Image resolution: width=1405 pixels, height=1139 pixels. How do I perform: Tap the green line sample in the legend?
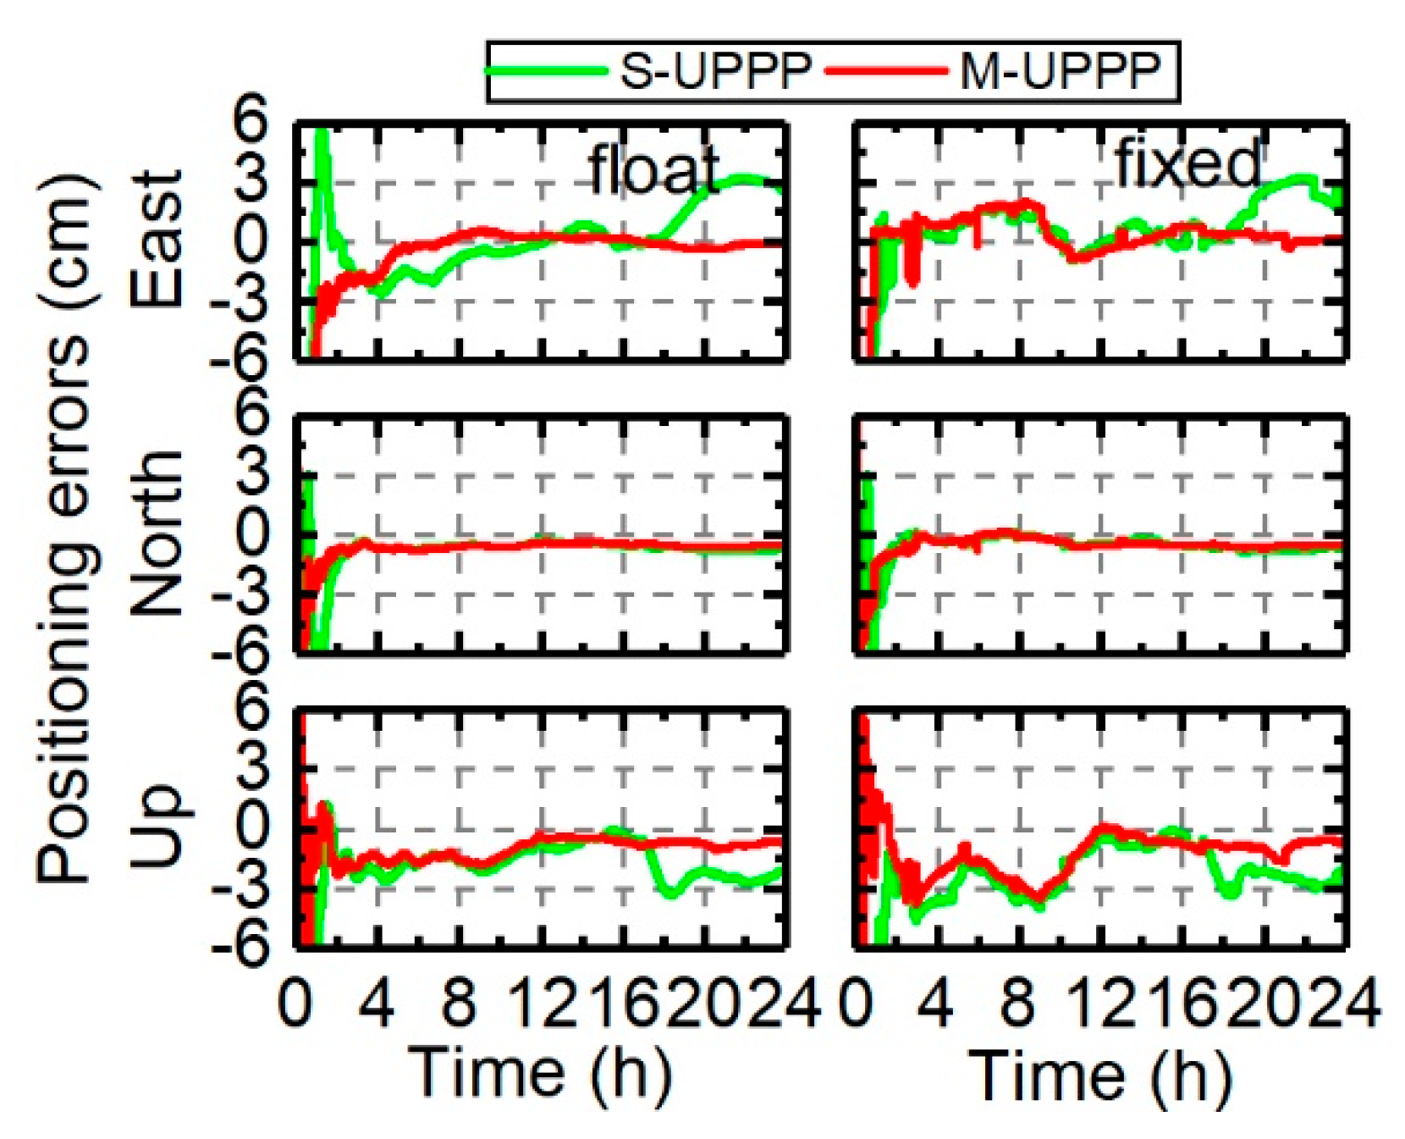click(x=546, y=69)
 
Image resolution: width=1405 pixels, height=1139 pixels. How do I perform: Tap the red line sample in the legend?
click(x=884, y=69)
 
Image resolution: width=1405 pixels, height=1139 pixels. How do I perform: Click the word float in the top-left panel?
click(x=653, y=169)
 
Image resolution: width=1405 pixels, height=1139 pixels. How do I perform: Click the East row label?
click(x=157, y=239)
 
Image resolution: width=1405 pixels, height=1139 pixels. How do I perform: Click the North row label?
click(x=157, y=534)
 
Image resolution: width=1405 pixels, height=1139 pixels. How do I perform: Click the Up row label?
click(x=157, y=826)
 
